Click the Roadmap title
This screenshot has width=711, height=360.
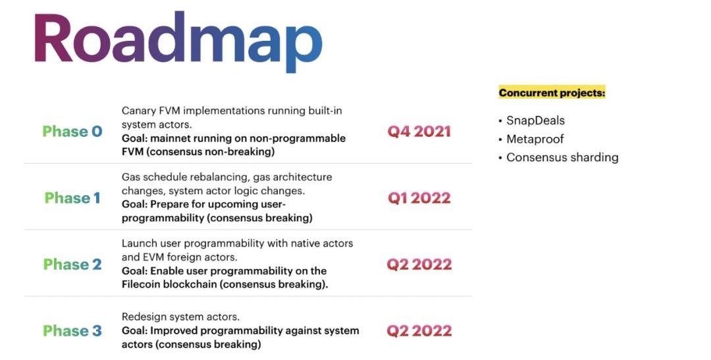tap(178, 41)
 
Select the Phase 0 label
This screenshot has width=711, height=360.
tap(72, 132)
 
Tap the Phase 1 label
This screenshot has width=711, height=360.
tap(72, 198)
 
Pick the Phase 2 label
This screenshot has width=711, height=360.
tap(72, 265)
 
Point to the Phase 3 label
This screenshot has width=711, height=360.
tap(72, 331)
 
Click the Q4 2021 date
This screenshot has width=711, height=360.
tap(419, 132)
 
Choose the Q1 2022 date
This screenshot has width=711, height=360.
tap(419, 198)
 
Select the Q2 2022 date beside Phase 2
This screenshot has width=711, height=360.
tap(419, 265)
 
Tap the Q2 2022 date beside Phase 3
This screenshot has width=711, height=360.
tap(419, 331)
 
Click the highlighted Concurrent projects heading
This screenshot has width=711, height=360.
tap(552, 93)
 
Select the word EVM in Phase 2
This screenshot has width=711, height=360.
tap(153, 257)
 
